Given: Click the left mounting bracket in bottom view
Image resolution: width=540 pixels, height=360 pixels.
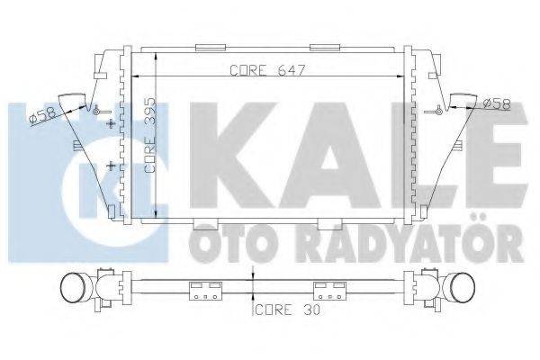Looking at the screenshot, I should [x=204, y=292].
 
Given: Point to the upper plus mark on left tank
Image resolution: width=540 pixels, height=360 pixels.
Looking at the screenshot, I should [x=110, y=122].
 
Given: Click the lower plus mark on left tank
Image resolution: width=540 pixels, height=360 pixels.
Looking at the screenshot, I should [x=110, y=166].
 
